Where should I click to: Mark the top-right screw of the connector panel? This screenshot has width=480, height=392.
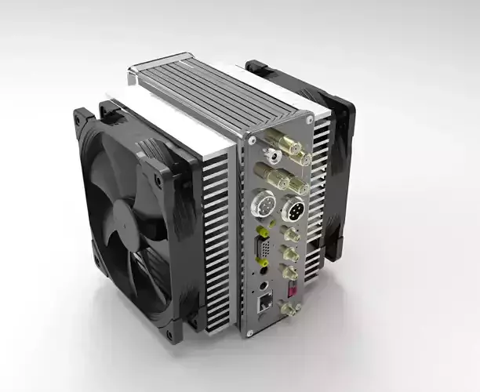coord(309,119)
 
